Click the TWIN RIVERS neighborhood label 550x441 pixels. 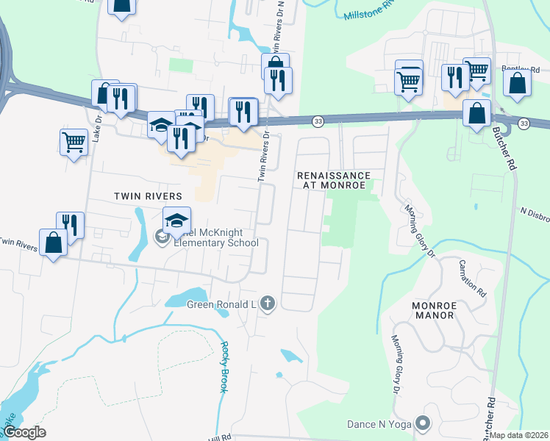(148, 196)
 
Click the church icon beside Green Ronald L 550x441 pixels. (267, 304)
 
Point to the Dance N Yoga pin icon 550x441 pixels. (422, 424)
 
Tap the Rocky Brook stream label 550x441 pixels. (224, 367)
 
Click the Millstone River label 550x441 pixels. (372, 12)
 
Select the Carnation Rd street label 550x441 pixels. (472, 277)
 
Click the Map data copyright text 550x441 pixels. (518, 435)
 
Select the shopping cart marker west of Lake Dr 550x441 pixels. (74, 142)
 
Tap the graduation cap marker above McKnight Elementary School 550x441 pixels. (177, 220)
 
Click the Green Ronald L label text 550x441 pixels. (219, 304)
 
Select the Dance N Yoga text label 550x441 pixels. (379, 424)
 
